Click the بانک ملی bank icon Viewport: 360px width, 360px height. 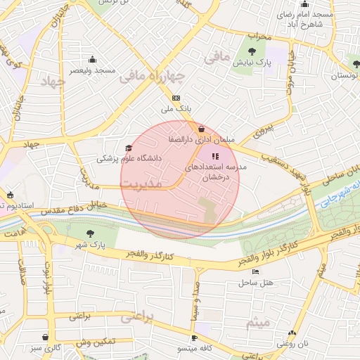176,98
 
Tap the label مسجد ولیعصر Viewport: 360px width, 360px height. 92,71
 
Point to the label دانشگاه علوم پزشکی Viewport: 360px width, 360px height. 129,159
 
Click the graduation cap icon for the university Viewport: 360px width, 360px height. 128,148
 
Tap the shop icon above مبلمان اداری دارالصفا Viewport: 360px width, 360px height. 202,129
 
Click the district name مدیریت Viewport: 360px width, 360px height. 151,183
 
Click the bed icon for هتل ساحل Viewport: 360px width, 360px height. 255,271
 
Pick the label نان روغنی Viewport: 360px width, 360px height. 292,344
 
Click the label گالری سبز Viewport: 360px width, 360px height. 46,348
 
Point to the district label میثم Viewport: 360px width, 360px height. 258,322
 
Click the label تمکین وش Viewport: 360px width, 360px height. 96,341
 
